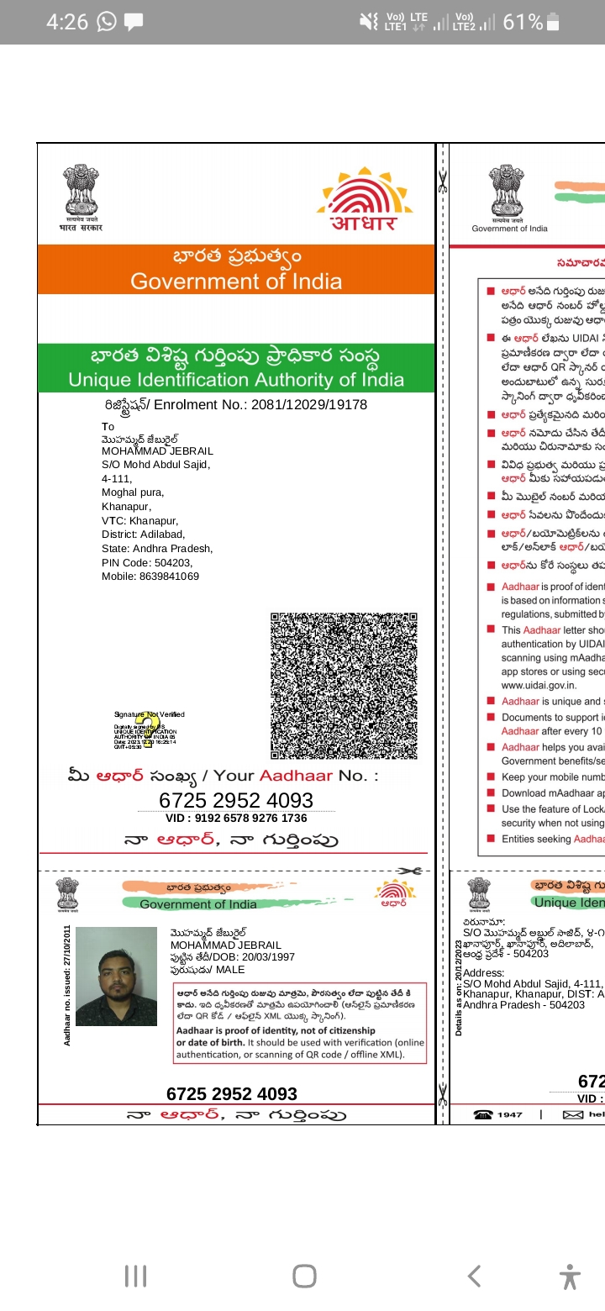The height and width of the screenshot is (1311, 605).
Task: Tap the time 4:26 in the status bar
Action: (66, 23)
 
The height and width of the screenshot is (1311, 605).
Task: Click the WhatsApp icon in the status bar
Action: (107, 23)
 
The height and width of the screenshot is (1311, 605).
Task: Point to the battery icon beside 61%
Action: (553, 23)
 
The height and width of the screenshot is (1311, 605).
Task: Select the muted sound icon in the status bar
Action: (368, 23)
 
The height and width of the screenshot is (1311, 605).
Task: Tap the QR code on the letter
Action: (344, 685)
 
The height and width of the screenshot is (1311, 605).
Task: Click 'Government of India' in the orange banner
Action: (236, 281)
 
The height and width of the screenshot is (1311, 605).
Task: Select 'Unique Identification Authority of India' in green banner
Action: (236, 380)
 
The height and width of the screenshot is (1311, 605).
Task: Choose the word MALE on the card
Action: (230, 970)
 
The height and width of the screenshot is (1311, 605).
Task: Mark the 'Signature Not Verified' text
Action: (149, 714)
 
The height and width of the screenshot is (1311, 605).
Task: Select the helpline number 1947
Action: (509, 1114)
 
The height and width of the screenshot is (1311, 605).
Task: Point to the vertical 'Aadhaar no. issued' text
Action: (67, 972)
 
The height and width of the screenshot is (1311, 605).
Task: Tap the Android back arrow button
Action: (474, 1277)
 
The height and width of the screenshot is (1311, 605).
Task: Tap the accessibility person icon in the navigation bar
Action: (570, 1277)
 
